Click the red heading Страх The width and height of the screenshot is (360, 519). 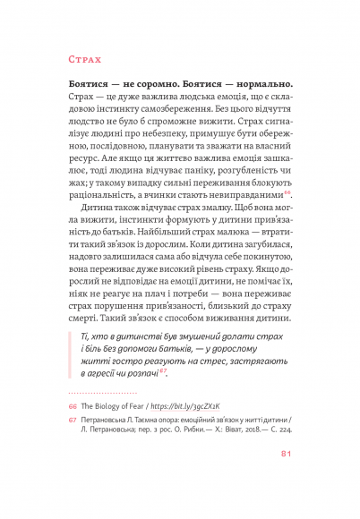(x=85, y=61)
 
